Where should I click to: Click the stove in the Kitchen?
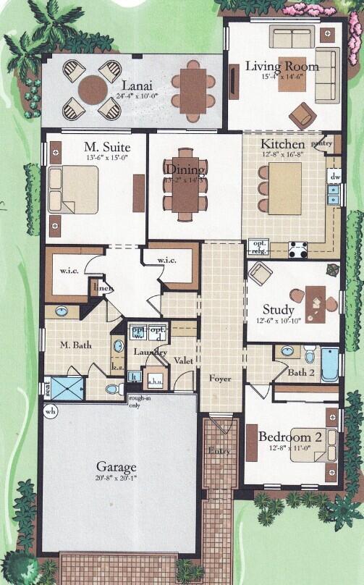click(297, 250)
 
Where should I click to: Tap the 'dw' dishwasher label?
click(334, 176)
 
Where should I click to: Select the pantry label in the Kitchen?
click(322, 143)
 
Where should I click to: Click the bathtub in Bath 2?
click(329, 364)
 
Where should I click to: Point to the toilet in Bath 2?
click(309, 355)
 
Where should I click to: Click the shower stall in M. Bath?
click(67, 389)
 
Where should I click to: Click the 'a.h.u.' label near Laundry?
click(155, 382)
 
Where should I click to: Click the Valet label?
click(184, 357)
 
